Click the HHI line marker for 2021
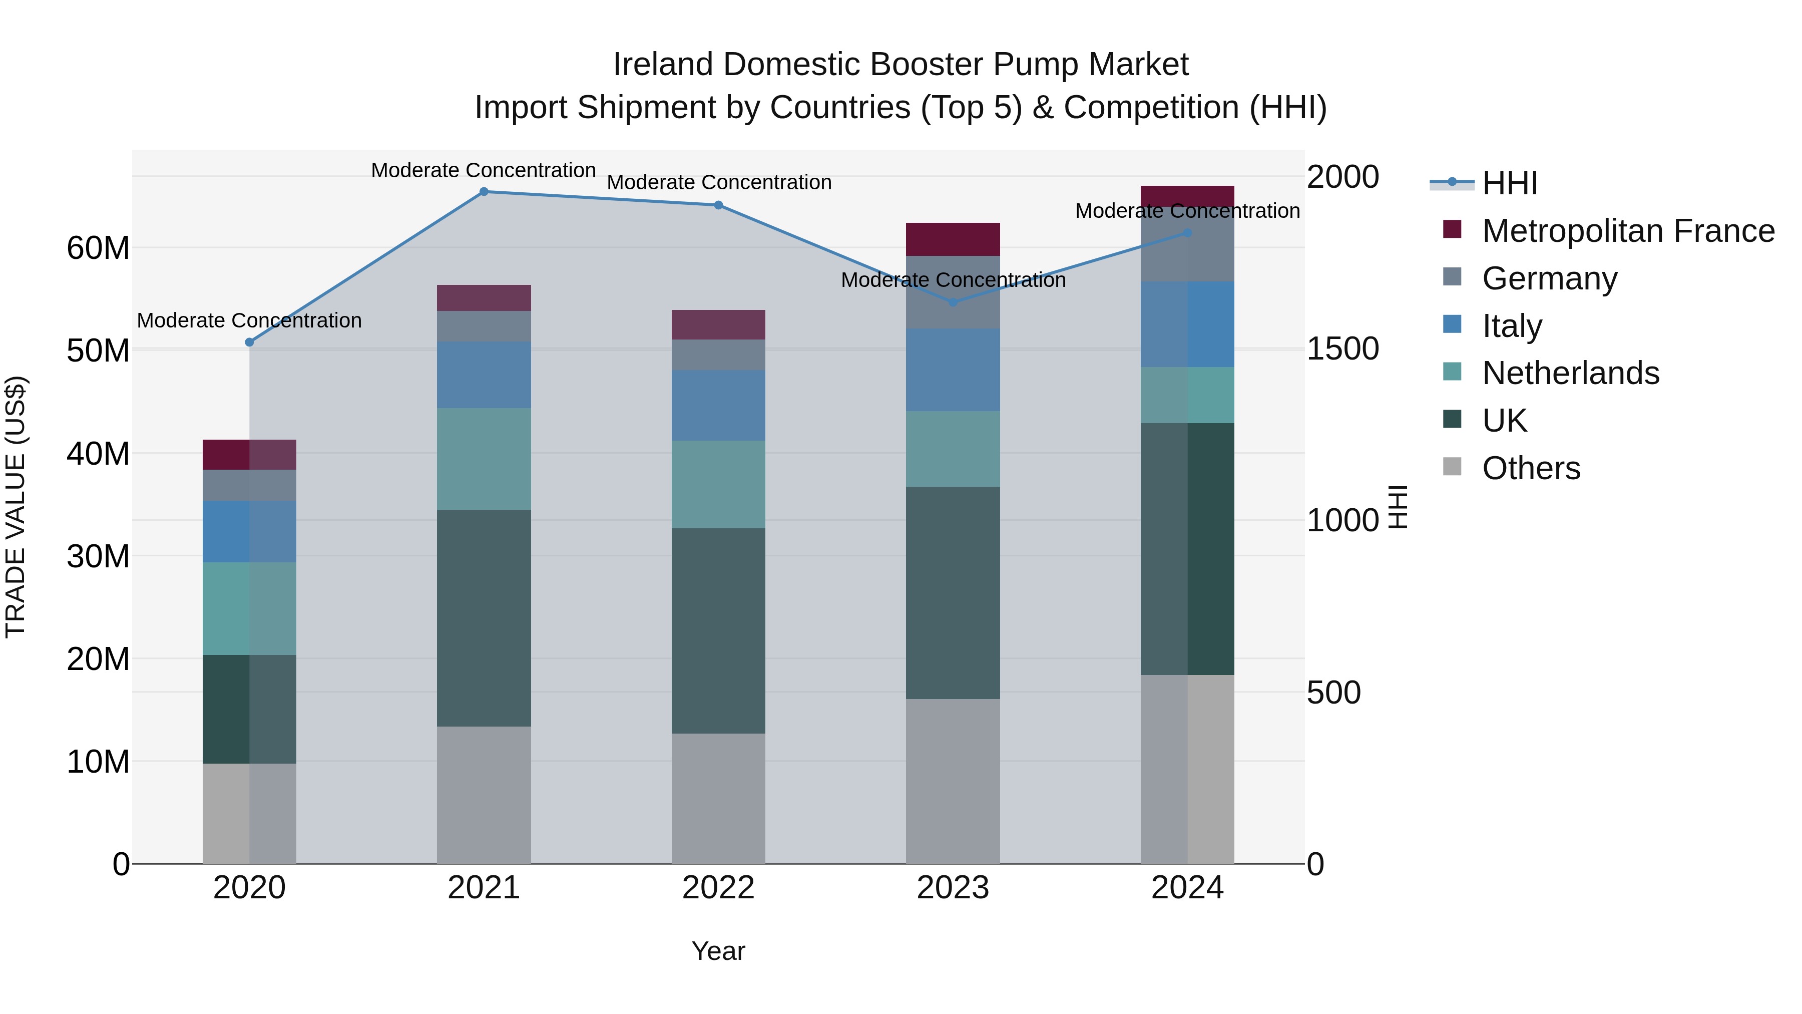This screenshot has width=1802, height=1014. [x=484, y=192]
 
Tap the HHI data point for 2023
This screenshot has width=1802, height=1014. [x=953, y=302]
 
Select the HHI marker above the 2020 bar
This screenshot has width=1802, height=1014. [x=249, y=342]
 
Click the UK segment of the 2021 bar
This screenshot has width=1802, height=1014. [x=484, y=618]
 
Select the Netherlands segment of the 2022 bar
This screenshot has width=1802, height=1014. [x=718, y=484]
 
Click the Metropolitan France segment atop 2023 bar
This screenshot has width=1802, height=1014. [x=953, y=239]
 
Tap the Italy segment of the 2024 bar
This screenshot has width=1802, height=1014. [x=1187, y=324]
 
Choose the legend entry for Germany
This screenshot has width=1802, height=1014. [x=1549, y=278]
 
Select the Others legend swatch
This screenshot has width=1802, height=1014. [x=1452, y=467]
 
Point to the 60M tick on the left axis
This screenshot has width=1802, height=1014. [x=98, y=248]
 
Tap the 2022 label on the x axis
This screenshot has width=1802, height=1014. [x=718, y=888]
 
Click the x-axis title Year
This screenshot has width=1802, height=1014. [x=718, y=951]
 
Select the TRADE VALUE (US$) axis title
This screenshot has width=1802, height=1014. [x=16, y=507]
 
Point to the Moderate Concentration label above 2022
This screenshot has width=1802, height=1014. [x=718, y=183]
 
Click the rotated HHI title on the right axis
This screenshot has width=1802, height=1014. [x=1397, y=507]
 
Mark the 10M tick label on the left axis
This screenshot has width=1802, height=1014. [x=98, y=761]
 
